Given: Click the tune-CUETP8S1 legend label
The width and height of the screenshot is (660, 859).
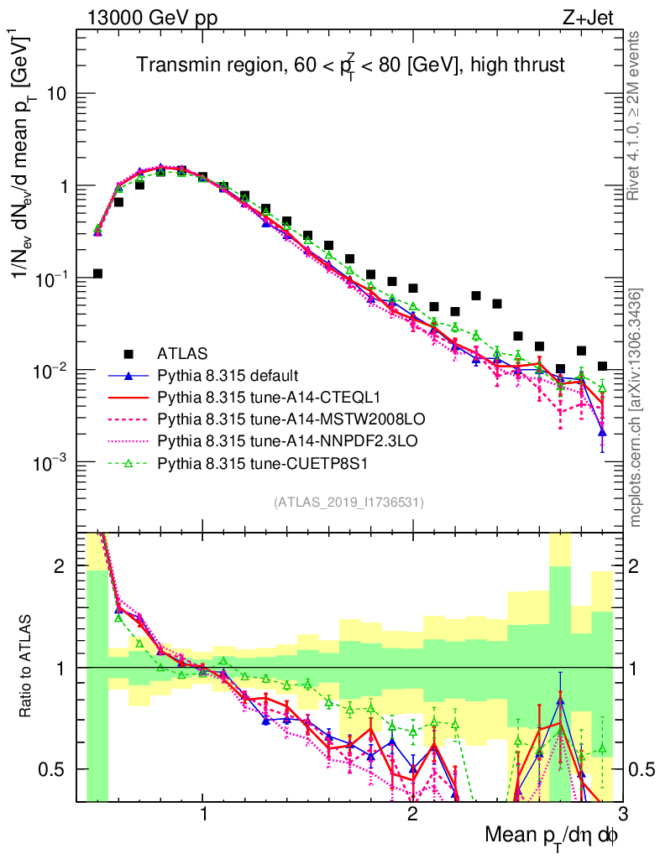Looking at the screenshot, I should [251, 461].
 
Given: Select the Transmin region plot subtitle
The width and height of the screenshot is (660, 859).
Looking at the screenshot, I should [351, 63].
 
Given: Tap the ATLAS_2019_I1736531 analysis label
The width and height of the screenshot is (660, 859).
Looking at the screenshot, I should [348, 502].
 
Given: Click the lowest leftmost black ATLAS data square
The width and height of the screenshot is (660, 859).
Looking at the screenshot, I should [97, 273].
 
